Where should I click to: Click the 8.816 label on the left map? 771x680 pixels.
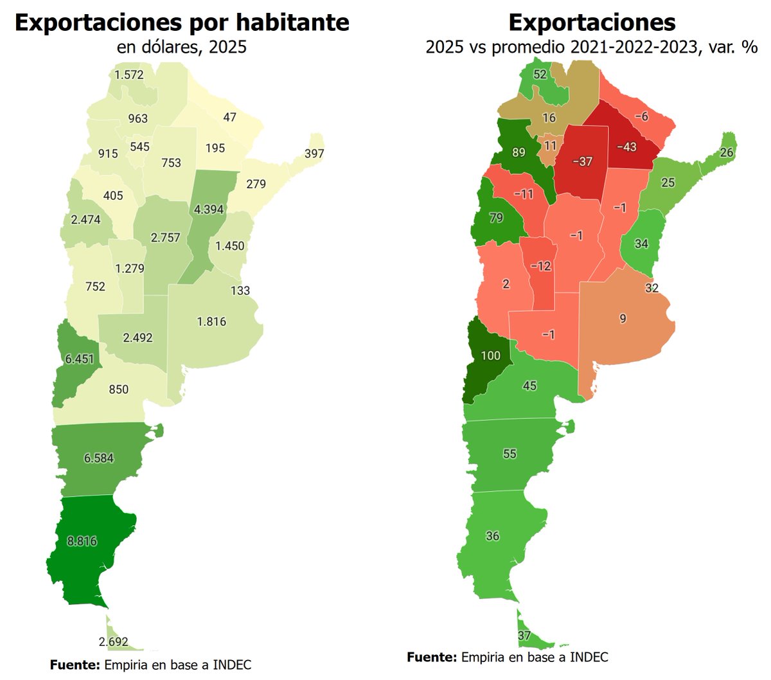82,541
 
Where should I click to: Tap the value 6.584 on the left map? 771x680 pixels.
99,458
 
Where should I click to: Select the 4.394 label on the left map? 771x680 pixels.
209,209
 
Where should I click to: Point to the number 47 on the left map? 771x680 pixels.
229,117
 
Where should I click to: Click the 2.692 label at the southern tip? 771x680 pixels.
114,641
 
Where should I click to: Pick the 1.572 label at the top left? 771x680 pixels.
129,75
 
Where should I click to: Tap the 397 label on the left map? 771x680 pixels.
314,154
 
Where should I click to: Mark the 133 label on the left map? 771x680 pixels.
240,291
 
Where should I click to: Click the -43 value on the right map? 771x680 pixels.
626,147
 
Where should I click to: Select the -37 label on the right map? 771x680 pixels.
582,161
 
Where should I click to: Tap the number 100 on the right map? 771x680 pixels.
490,355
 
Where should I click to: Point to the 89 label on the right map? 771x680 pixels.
518,152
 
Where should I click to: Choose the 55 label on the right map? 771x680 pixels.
510,454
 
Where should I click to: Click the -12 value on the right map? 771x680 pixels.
541,266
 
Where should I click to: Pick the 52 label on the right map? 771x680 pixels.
540,75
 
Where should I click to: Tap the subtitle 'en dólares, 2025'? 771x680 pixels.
182,47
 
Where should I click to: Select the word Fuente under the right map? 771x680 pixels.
432,657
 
